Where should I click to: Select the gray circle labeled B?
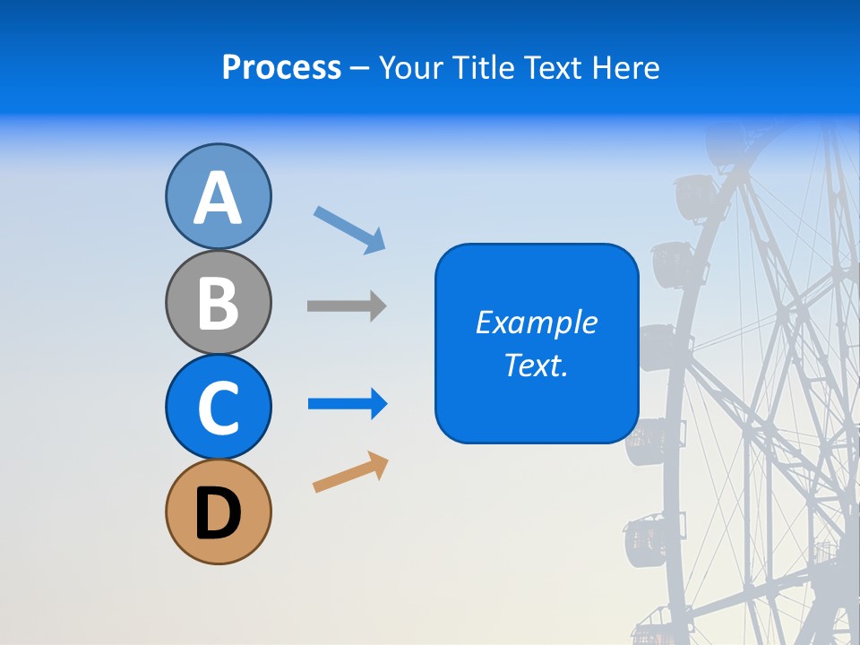(218, 302)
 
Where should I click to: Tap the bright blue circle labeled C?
(218, 407)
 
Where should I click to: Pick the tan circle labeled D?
(218, 512)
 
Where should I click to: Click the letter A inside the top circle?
(218, 198)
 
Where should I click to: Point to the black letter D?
(218, 514)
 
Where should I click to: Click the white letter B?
(218, 303)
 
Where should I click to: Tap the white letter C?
(218, 408)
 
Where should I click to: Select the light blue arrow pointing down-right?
(349, 229)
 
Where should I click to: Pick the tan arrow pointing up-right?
(350, 472)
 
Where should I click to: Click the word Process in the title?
(281, 67)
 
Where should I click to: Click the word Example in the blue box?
(536, 322)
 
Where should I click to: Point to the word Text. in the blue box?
(536, 365)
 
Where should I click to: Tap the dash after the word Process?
(360, 69)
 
